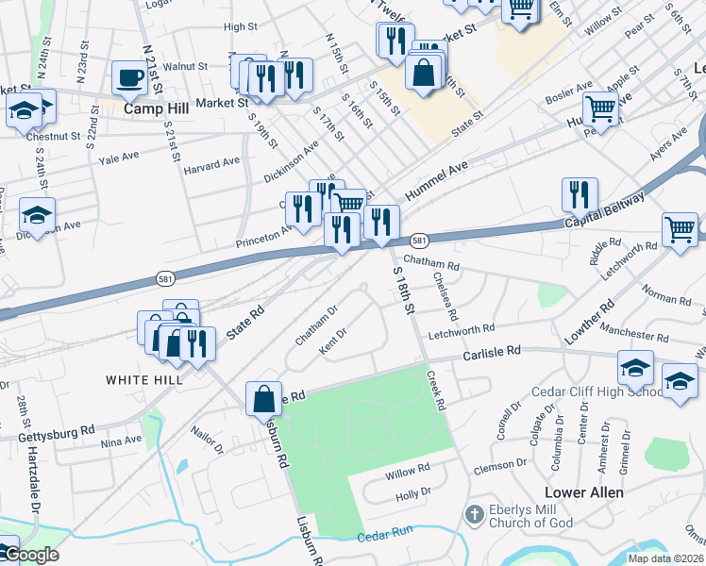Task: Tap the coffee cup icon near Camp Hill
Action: [129, 77]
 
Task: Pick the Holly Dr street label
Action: [412, 491]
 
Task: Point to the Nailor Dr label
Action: [207, 443]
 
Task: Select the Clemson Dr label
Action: [500, 464]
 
